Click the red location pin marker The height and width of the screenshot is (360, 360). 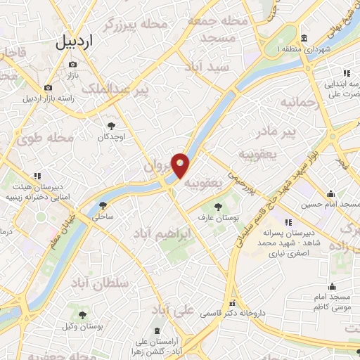[x=181, y=166]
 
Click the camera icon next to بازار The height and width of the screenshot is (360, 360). [x=72, y=65]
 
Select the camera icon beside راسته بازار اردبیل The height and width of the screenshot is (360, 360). [x=48, y=88]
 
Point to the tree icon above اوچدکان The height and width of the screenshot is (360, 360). [x=110, y=125]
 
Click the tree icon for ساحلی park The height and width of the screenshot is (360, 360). [x=104, y=205]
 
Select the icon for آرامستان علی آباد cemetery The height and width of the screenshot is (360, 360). [x=155, y=331]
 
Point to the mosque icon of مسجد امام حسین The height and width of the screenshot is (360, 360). [x=330, y=195]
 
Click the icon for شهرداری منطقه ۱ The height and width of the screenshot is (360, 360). [x=304, y=38]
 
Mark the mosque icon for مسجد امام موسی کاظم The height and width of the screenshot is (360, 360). [x=332, y=286]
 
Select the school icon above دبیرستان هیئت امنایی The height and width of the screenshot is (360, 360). [x=37, y=176]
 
